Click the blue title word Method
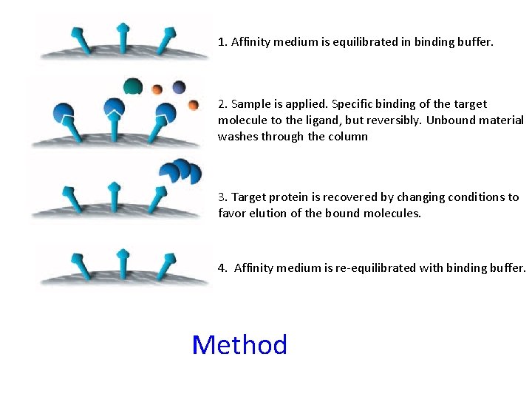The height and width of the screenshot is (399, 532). click(239, 345)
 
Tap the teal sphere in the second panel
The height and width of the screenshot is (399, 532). click(133, 86)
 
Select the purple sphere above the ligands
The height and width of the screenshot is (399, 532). click(179, 87)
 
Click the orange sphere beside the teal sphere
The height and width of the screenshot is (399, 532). click(157, 89)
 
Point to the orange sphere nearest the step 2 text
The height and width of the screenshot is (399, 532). click(194, 105)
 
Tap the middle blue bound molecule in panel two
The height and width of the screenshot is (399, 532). click(114, 108)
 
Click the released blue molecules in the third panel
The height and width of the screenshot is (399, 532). click(181, 171)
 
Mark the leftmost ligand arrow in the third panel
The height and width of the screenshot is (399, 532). click(73, 198)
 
